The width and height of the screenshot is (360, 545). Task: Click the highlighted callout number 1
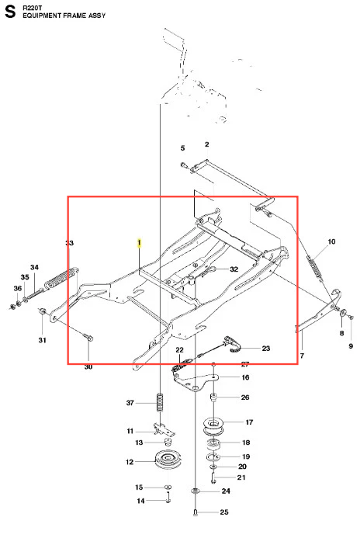tap(140, 242)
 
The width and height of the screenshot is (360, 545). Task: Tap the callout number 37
tap(130, 403)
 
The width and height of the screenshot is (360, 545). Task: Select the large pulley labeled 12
tap(168, 460)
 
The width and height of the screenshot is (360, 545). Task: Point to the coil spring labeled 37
tap(160, 402)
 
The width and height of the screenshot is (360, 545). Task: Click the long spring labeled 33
tap(61, 277)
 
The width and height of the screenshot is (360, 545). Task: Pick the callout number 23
tap(266, 349)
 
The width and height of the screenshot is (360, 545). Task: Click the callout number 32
tap(234, 269)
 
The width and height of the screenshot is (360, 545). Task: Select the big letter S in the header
tap(10, 12)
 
